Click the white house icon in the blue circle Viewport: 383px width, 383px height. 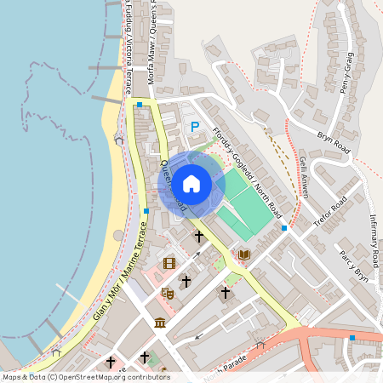click(191, 183)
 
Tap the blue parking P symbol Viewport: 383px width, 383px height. click(195, 128)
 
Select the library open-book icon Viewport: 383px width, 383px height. click(244, 254)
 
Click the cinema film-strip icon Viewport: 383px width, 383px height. click(169, 263)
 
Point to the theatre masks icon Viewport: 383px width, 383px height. click(168, 294)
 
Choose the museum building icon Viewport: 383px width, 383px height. click(160, 322)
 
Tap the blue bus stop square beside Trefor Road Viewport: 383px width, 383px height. click(284, 229)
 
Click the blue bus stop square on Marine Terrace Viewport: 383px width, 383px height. click(146, 211)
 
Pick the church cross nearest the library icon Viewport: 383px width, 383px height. click(226, 294)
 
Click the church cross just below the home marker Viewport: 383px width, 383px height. click(199, 237)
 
